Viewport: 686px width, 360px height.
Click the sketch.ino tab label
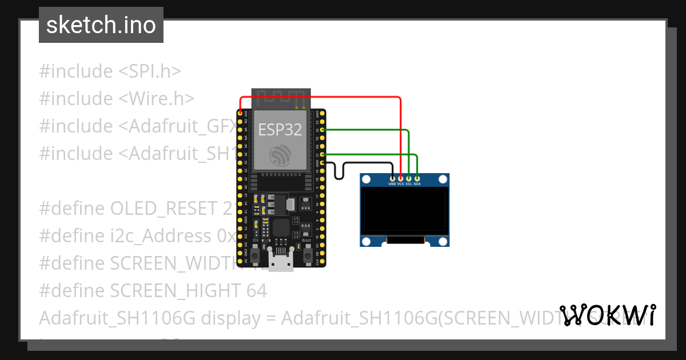tap(101, 25)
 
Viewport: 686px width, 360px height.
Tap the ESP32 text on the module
tap(280, 130)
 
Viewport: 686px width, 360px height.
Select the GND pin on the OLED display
tap(392, 179)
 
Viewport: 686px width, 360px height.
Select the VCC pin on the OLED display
tap(401, 179)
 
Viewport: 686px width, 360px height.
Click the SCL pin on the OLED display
tap(409, 179)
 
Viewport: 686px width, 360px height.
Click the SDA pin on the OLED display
tap(417, 179)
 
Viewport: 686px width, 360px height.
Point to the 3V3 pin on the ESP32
tap(240, 114)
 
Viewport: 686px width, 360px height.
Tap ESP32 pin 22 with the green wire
tap(322, 130)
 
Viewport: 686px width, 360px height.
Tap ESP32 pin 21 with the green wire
tap(322, 154)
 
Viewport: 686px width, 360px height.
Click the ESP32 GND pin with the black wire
tap(322, 163)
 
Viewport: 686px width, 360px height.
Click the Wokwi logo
tap(607, 315)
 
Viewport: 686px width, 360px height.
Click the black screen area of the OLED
tap(405, 211)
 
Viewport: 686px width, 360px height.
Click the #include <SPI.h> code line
tap(110, 71)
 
